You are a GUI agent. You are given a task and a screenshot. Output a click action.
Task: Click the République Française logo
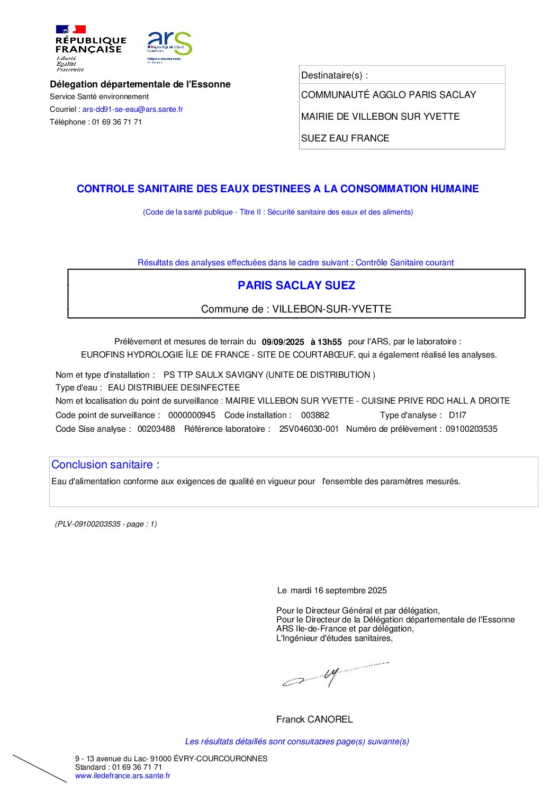coord(90,48)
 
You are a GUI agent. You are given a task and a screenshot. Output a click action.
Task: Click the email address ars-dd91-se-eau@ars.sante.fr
coord(132,109)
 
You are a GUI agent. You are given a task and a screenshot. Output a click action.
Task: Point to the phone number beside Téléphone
coord(117,122)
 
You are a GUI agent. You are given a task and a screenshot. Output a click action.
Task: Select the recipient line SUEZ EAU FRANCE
coord(345,138)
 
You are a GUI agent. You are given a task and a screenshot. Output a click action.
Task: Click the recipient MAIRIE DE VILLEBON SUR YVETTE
coord(380,117)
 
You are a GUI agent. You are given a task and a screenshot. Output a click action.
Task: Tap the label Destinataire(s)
coord(334,75)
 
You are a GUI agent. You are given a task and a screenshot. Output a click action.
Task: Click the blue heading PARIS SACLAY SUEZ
coord(296,286)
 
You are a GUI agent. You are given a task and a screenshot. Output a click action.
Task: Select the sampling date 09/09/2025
coord(283,342)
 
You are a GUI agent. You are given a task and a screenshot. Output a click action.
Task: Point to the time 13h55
coord(330,342)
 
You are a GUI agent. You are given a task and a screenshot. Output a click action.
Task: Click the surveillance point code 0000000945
coord(192,415)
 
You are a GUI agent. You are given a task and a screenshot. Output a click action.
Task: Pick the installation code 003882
coord(315,415)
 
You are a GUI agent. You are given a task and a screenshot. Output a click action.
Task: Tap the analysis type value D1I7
coord(457,415)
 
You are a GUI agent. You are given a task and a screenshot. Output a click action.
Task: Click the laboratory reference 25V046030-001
coord(309,429)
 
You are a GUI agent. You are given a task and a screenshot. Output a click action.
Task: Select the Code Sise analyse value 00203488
coord(156,429)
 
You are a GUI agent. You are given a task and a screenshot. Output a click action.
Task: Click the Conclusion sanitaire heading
coord(105,465)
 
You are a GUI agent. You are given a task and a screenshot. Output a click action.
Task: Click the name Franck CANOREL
coord(314,719)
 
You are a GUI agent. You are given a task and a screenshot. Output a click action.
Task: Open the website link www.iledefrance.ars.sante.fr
coord(123,776)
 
